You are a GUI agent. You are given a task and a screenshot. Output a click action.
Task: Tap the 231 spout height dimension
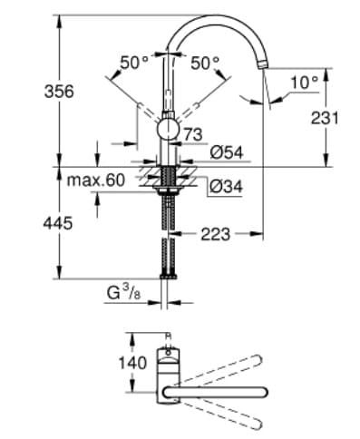tap(323, 118)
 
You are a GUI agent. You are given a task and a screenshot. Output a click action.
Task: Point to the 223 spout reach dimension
tap(214, 234)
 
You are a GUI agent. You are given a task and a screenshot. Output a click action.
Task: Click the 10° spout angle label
tap(304, 83)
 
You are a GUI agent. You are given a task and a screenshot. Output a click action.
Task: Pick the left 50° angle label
tap(134, 63)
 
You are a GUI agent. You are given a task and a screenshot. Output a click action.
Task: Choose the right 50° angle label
tap(206, 63)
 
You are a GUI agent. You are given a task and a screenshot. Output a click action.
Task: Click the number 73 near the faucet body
tap(192, 134)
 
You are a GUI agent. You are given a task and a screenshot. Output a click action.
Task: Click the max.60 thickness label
tap(95, 180)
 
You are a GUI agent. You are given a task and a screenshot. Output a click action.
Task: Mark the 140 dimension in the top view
tap(131, 363)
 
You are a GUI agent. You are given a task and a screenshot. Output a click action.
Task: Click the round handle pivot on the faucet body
tap(169, 130)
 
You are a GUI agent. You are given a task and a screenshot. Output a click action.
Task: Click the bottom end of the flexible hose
tap(167, 274)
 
